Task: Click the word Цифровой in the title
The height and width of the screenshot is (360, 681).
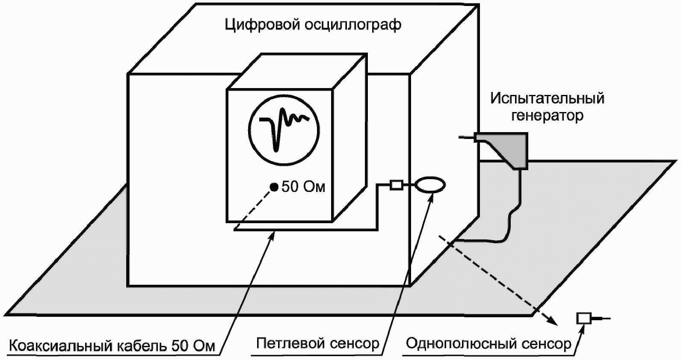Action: click(x=261, y=25)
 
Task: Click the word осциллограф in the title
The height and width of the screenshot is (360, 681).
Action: click(x=353, y=25)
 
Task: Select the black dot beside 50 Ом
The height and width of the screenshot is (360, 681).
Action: click(x=274, y=187)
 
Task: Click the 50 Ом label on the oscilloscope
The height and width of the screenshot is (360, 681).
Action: click(x=303, y=187)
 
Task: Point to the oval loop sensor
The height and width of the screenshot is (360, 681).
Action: click(x=431, y=185)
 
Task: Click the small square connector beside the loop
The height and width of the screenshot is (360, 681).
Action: click(x=397, y=185)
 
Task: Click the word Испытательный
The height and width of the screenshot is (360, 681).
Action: click(x=547, y=98)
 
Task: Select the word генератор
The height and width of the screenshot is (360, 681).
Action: click(x=547, y=115)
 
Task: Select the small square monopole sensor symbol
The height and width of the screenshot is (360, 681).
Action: click(x=583, y=318)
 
